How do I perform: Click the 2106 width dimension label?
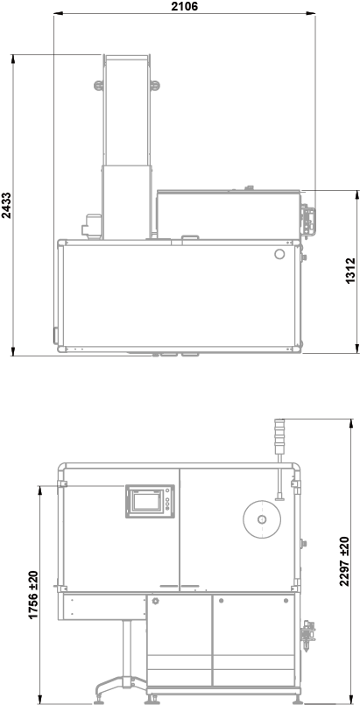pyautogui.click(x=184, y=6)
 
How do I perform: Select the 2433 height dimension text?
pyautogui.click(x=6, y=205)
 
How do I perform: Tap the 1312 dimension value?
pyautogui.click(x=350, y=271)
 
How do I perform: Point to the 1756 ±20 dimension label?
pyautogui.click(x=33, y=595)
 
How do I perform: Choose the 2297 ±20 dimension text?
pyautogui.click(x=344, y=561)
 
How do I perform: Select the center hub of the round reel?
pyautogui.click(x=262, y=519)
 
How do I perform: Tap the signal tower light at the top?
pyautogui.click(x=279, y=436)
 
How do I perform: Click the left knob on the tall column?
pyautogui.click(x=98, y=86)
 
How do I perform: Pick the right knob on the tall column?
pyautogui.click(x=155, y=86)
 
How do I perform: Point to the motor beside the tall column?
pyautogui.click(x=92, y=225)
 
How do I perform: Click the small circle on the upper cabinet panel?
pyautogui.click(x=279, y=254)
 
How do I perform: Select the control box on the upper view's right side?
pyautogui.click(x=307, y=221)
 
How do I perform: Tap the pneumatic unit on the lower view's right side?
pyautogui.click(x=308, y=635)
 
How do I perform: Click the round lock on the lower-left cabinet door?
pyautogui.click(x=156, y=601)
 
